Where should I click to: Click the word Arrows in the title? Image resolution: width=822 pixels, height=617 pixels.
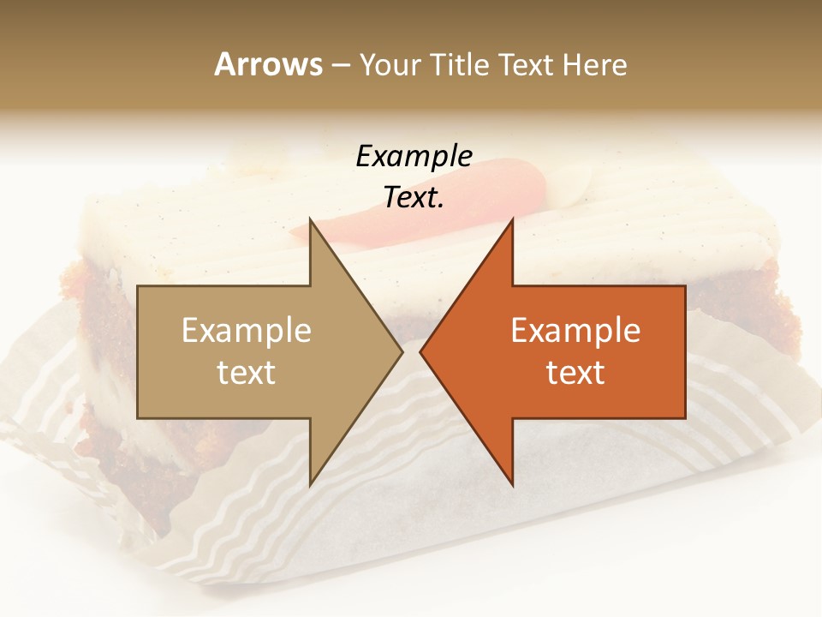[268, 64]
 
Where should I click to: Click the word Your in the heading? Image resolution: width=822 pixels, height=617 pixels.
[389, 64]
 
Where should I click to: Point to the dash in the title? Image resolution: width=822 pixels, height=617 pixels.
[340, 65]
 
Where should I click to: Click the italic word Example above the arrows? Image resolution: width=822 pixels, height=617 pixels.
[414, 156]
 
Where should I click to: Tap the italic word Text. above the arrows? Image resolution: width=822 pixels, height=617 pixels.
[414, 197]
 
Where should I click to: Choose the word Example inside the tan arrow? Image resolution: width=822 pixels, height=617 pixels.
[246, 331]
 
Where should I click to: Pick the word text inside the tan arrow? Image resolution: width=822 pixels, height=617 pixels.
[246, 373]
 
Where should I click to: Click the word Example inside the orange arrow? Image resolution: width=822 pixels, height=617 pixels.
[575, 331]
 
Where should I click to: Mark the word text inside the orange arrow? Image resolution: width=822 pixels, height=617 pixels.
[575, 373]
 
